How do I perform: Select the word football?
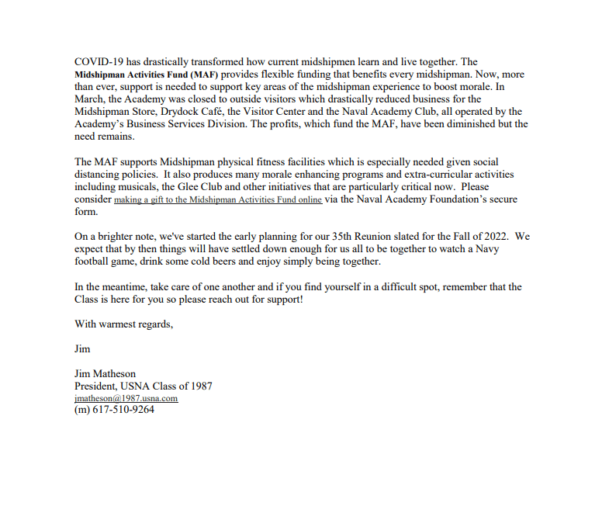pos(93,262)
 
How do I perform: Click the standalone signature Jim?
pos(82,349)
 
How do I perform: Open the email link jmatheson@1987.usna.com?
pos(126,398)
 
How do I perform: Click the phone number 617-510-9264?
pos(124,410)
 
